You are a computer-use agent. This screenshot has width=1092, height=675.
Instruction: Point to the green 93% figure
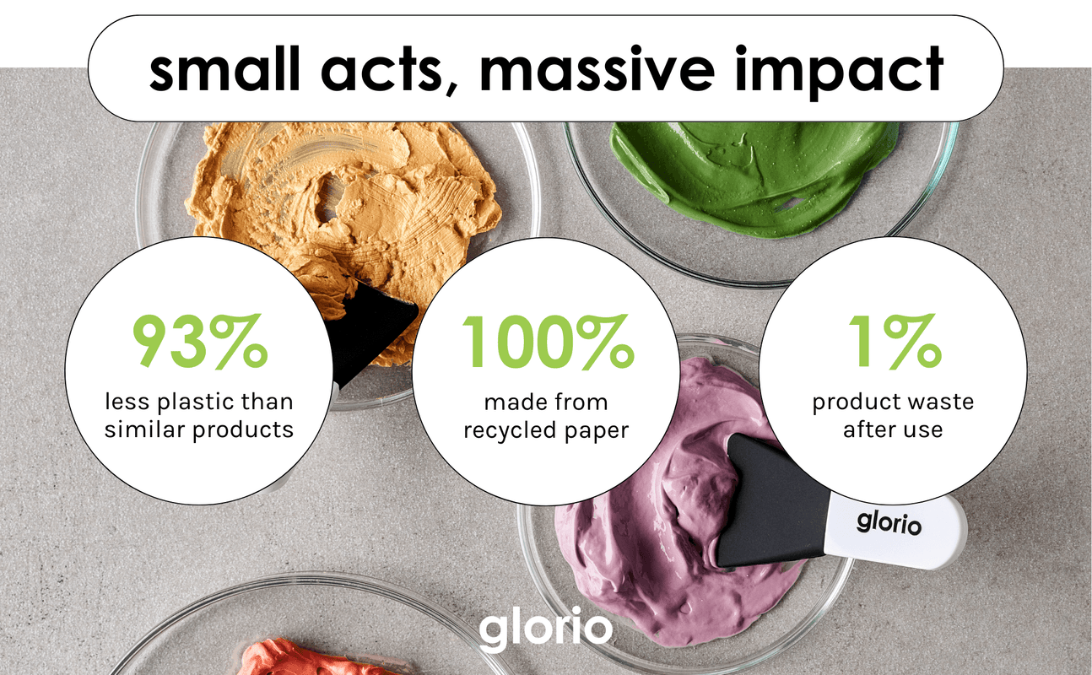click(x=200, y=341)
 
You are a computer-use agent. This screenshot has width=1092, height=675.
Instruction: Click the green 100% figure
click(x=548, y=341)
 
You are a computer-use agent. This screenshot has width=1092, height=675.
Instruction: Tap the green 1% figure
click(x=895, y=341)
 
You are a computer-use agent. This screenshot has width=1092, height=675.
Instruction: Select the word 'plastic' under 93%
click(x=190, y=403)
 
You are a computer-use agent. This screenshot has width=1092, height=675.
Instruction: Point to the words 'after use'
click(x=893, y=430)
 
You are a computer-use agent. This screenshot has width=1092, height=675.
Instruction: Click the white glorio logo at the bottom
click(x=545, y=629)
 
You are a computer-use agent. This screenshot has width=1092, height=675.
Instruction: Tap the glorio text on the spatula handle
click(x=889, y=523)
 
